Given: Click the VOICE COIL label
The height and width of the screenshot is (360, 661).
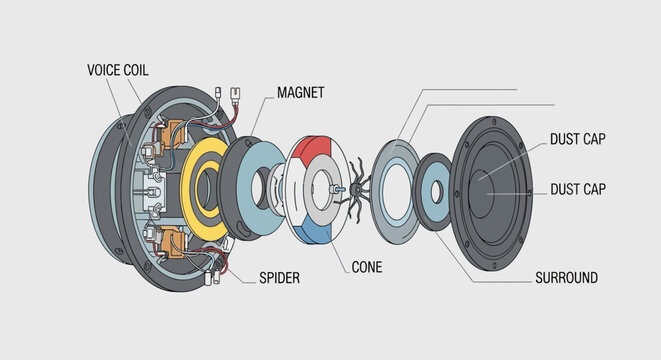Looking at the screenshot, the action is coord(118,70).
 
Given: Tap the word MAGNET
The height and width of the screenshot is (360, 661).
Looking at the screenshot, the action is coord(301,93).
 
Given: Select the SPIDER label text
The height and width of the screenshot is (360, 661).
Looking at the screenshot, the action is coord(279,278).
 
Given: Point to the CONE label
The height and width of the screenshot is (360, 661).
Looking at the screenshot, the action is coord(367,267).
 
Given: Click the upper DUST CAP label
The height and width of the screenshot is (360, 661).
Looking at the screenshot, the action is coord(578,139).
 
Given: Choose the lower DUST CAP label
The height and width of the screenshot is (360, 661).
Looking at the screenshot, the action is coord(578,189).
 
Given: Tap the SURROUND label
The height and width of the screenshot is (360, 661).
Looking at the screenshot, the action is coord(567,278).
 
